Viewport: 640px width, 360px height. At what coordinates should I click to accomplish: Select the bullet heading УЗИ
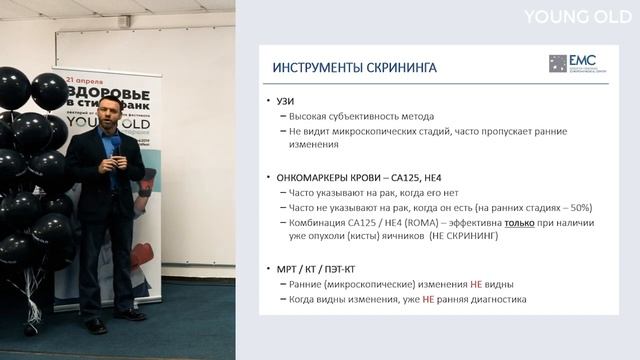282,102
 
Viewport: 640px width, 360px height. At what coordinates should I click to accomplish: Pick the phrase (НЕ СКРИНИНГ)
466,236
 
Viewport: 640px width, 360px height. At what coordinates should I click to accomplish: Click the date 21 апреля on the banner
86,76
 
